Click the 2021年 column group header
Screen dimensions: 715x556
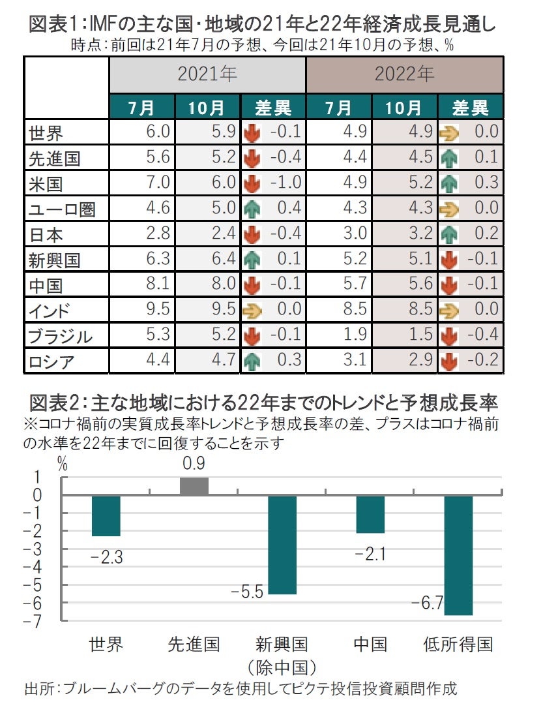tap(207, 74)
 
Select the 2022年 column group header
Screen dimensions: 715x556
tap(404, 74)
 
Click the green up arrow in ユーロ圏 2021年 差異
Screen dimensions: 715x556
tap(252, 209)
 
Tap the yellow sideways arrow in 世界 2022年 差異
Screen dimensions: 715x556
tap(449, 132)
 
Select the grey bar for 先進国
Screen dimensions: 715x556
tap(194, 486)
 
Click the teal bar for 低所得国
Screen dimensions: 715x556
tap(458, 555)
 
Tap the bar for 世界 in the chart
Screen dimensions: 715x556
tap(106, 515)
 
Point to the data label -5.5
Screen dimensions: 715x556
tap(248, 592)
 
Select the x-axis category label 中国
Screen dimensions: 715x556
tap(370, 645)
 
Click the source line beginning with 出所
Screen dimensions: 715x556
tap(241, 689)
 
